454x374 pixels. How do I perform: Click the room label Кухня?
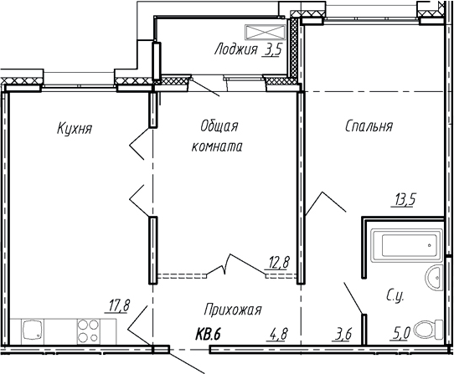click(75, 129)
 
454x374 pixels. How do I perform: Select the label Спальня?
click(369, 126)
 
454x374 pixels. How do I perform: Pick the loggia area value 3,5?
click(272, 50)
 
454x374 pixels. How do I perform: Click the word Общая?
click(219, 126)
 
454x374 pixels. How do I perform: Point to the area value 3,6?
click(342, 335)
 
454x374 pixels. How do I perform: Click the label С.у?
click(396, 295)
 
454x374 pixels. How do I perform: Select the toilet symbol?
click(429, 329)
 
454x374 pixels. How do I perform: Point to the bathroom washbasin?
click(433, 279)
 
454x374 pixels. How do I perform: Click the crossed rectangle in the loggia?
click(266, 33)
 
